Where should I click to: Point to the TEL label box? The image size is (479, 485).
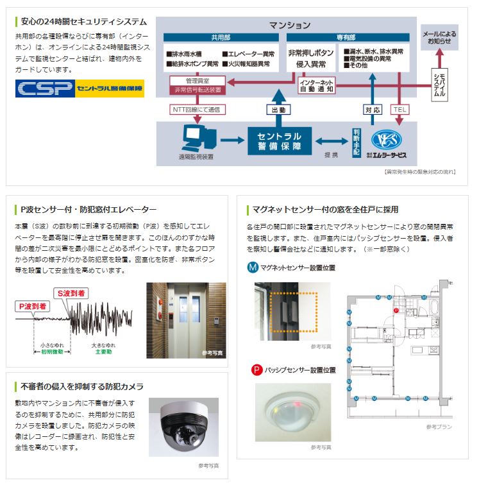tap(399, 110)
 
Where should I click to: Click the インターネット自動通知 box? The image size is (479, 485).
tap(317, 86)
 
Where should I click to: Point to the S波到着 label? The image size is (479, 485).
tap(72, 293)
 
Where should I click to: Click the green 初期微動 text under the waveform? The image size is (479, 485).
tap(51, 352)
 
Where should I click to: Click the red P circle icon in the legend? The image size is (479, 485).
tap(255, 370)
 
